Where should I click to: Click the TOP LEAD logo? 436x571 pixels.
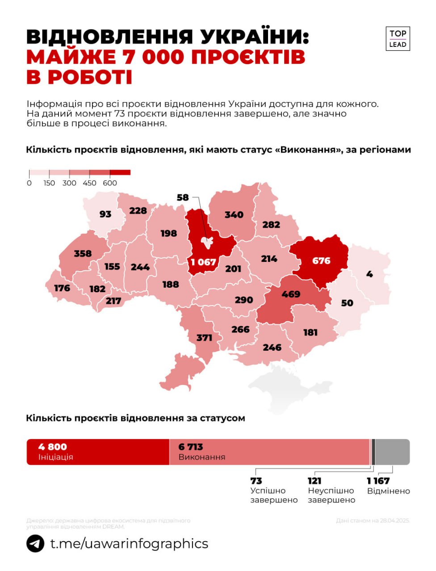click(x=397, y=39)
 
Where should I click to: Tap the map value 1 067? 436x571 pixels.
click(x=203, y=262)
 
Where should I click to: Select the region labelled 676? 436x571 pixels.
click(x=321, y=261)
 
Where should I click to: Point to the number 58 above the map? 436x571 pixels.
click(x=183, y=197)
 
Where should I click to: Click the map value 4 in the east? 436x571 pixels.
click(x=369, y=274)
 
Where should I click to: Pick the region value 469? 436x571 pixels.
click(x=291, y=294)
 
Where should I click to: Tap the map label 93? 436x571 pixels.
click(x=105, y=214)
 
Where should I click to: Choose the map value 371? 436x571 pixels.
click(x=204, y=338)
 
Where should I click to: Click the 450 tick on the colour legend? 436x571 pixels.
click(x=89, y=183)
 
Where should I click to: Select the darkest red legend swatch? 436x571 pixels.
click(x=120, y=172)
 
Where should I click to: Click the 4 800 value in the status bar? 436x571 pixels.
click(x=53, y=447)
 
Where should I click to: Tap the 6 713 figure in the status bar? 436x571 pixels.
click(x=191, y=447)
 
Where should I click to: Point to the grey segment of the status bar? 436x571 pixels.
click(x=392, y=452)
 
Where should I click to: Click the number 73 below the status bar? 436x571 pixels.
click(x=256, y=481)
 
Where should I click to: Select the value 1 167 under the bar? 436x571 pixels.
click(x=378, y=481)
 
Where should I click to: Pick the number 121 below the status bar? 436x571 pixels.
click(x=314, y=481)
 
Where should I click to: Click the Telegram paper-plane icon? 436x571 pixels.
click(x=35, y=544)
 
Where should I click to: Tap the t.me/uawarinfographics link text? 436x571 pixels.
click(x=129, y=544)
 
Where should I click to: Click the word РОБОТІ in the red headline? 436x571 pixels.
click(x=90, y=77)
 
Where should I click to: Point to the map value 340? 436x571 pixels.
click(x=234, y=215)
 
